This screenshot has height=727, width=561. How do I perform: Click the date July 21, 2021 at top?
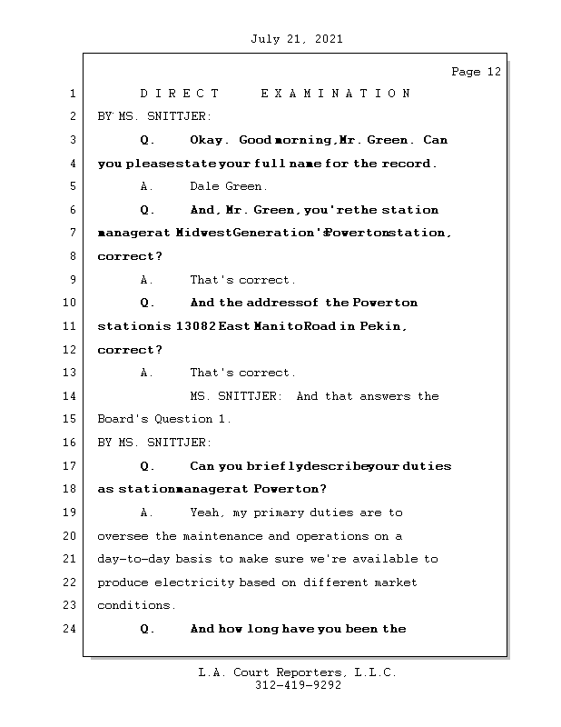coord(297,39)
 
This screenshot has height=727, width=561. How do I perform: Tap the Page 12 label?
coord(476,72)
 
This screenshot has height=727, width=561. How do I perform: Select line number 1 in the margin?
coord(71,94)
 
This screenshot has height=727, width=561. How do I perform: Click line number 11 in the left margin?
coord(71,326)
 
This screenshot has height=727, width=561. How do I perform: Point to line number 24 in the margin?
coord(71,629)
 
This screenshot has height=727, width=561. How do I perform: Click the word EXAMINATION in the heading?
coord(335,94)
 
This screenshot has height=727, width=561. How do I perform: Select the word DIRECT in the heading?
coord(180,94)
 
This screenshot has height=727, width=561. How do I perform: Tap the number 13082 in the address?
coord(191,326)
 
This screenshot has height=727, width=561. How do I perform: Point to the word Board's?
coord(120,420)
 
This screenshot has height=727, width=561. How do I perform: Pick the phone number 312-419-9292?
coord(298,686)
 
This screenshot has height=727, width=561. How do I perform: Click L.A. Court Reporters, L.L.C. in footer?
coord(297,673)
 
